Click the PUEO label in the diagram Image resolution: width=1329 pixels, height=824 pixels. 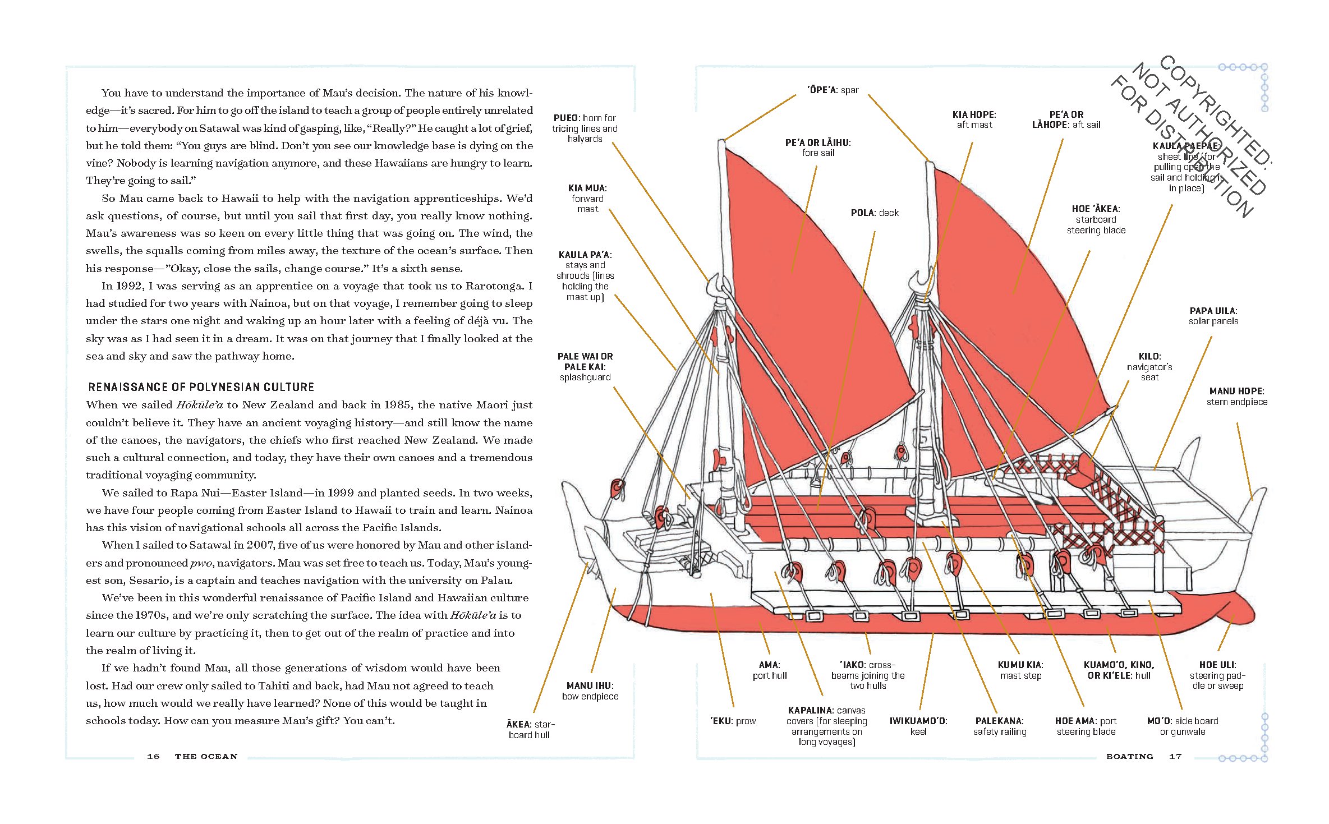point(584,128)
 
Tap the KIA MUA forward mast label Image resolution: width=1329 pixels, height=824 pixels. point(587,199)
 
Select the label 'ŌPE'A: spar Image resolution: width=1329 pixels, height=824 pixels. point(833,90)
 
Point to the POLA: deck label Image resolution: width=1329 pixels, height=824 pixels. point(875,213)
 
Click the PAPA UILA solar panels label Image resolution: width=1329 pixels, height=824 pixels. point(1213,316)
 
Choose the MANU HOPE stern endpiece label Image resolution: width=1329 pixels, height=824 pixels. point(1236,397)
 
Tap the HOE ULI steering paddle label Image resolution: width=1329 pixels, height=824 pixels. point(1217,675)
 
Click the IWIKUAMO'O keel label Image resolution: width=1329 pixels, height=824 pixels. point(918,726)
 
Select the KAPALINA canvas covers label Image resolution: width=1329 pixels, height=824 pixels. point(826,726)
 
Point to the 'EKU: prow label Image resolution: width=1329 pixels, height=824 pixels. point(733,721)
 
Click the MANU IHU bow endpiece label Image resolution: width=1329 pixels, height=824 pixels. point(590,691)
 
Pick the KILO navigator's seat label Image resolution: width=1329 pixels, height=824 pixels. point(1149,367)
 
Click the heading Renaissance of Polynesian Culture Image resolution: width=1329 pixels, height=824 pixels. point(201,387)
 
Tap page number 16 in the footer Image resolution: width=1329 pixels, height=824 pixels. point(153,757)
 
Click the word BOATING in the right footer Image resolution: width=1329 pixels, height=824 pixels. point(1130,757)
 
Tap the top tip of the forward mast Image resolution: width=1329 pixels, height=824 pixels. point(721,142)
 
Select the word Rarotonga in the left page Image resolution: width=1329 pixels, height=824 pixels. point(496,286)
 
